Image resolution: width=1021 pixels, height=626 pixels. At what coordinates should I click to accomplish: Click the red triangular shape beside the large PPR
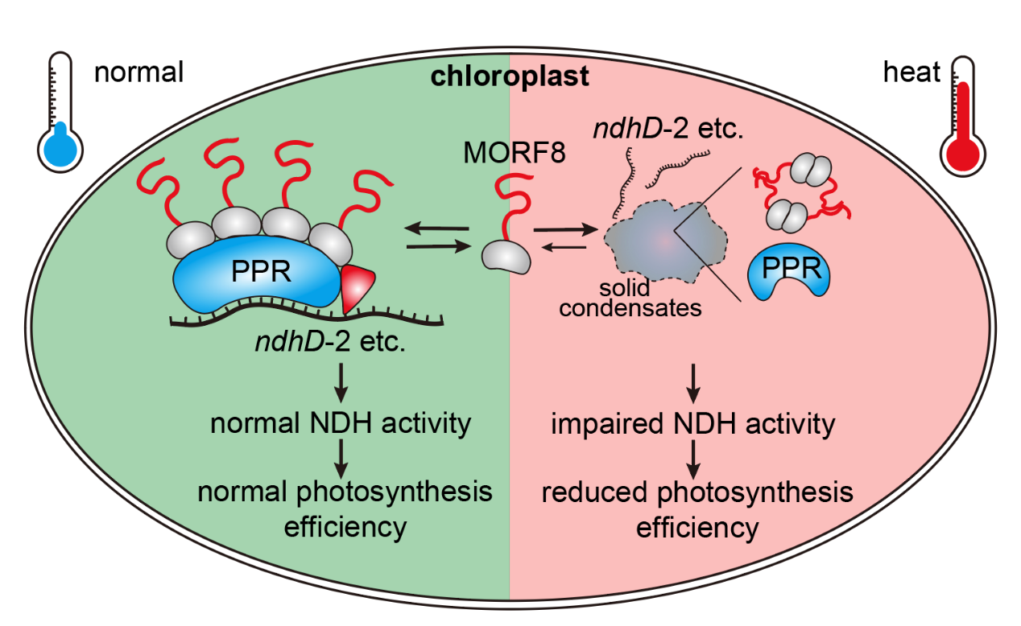pyautogui.click(x=358, y=286)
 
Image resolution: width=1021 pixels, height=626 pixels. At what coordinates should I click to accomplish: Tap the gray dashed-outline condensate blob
pyautogui.click(x=664, y=241)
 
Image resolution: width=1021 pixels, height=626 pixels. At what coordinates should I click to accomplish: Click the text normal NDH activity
pyautogui.click(x=341, y=423)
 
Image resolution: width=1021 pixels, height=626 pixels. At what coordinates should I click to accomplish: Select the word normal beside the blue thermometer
pyautogui.click(x=139, y=72)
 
